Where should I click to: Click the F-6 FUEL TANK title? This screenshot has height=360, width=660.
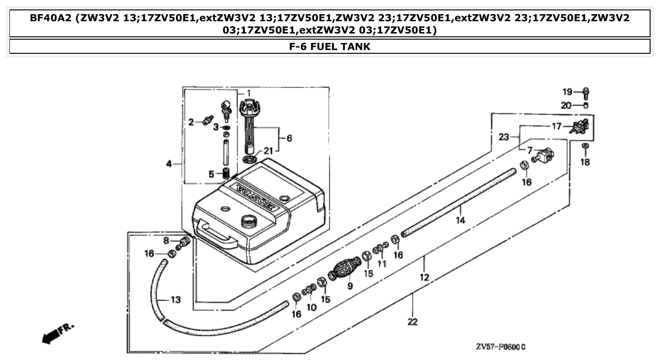click(x=330, y=47)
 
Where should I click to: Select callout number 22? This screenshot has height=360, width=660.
click(x=413, y=322)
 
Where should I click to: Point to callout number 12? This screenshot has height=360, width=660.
click(x=425, y=277)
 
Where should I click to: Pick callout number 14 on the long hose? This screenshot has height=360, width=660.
click(x=460, y=220)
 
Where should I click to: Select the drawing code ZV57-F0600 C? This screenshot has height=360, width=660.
click(x=501, y=347)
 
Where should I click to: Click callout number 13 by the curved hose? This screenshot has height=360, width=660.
click(x=175, y=300)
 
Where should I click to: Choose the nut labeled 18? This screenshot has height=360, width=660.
click(x=585, y=147)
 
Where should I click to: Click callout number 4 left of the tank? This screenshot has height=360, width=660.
click(x=169, y=164)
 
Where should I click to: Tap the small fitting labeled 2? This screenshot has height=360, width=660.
click(x=207, y=120)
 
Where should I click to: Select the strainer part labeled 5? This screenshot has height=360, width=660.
click(x=226, y=173)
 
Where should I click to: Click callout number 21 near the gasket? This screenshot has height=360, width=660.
click(x=268, y=151)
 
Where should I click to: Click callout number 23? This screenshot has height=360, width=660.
click(x=504, y=137)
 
